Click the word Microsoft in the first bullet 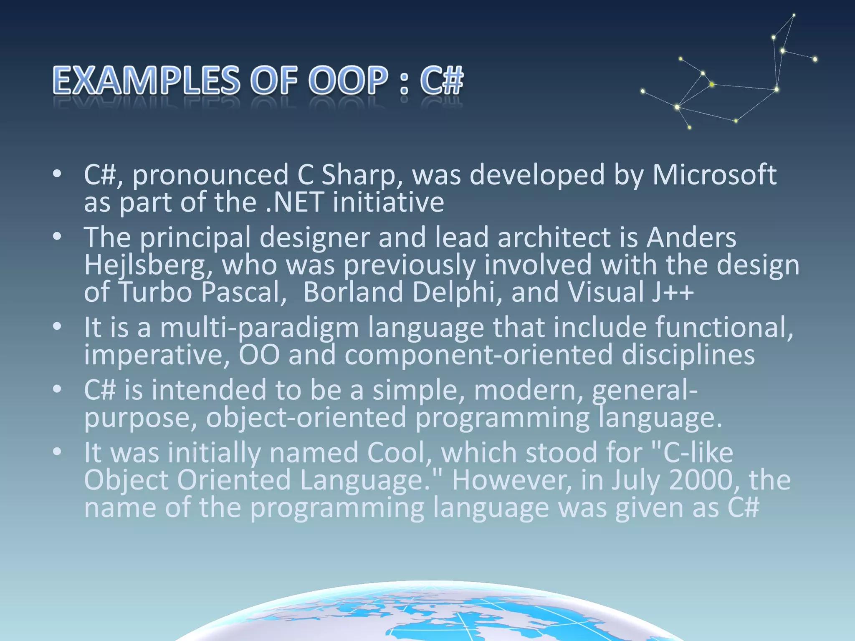click(x=714, y=174)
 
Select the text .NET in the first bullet click(x=295, y=202)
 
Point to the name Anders click(x=691, y=237)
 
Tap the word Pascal click(x=243, y=292)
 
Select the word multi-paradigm click(x=259, y=328)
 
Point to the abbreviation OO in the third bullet click(x=259, y=355)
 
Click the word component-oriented click(x=478, y=355)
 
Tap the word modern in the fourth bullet click(x=528, y=390)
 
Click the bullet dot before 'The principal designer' click(x=57, y=237)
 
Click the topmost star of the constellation click(x=794, y=15)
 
